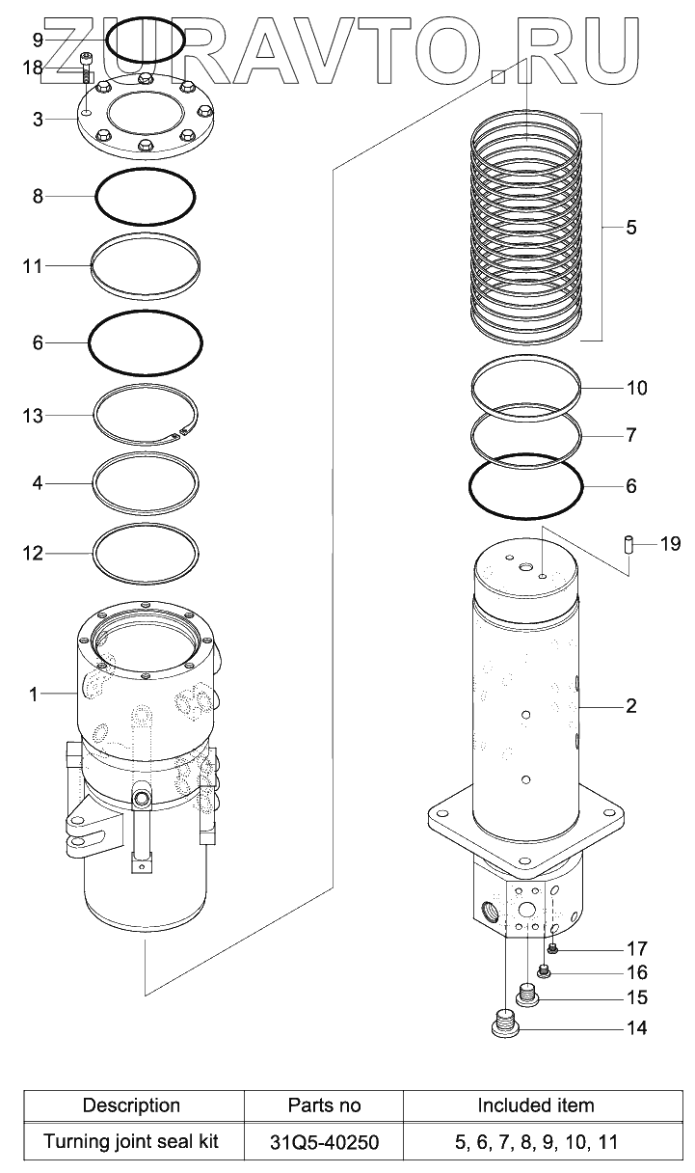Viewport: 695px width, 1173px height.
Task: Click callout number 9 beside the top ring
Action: tap(38, 40)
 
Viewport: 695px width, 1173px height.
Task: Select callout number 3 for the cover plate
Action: tap(38, 120)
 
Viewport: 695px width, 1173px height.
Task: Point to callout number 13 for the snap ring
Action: tap(33, 416)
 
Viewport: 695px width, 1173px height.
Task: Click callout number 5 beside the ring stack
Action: tap(631, 228)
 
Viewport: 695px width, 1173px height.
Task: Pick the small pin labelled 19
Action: tap(626, 545)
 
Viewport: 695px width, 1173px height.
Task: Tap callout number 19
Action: tap(670, 545)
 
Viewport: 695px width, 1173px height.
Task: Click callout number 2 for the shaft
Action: tap(631, 706)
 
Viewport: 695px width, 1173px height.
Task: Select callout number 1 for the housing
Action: tap(33, 694)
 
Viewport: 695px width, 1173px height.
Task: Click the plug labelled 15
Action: tap(527, 993)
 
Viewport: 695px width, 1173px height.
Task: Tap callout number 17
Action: tap(636, 948)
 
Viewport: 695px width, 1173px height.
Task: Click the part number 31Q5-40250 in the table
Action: tap(324, 1143)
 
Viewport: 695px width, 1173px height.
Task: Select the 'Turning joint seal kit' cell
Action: tap(131, 1142)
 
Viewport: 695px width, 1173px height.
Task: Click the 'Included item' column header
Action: tap(536, 1105)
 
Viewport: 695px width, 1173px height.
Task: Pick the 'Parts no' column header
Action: tap(324, 1105)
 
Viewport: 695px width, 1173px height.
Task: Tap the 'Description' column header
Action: tap(131, 1105)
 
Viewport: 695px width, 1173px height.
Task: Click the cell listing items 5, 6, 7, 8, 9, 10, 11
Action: tap(536, 1143)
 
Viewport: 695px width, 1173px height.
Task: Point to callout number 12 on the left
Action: tap(33, 554)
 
